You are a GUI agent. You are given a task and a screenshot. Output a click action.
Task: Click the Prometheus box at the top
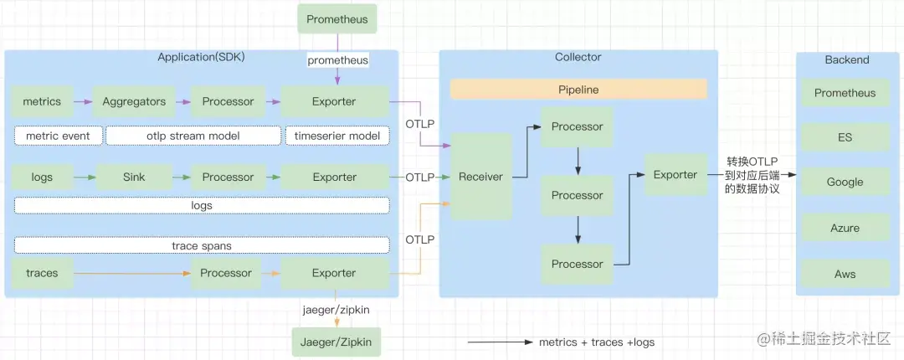click(x=336, y=19)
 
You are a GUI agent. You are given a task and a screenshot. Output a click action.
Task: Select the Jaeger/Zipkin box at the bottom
click(x=335, y=342)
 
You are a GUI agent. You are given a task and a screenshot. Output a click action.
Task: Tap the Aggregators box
click(x=134, y=101)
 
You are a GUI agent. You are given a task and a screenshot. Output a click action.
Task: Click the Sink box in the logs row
click(x=134, y=177)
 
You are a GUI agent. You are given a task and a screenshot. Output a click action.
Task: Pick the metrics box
click(x=42, y=101)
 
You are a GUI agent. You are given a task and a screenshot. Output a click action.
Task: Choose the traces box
click(x=42, y=273)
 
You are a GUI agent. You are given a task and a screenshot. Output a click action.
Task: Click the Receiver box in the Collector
click(x=480, y=177)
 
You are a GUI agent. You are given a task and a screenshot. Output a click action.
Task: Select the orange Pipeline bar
click(x=578, y=90)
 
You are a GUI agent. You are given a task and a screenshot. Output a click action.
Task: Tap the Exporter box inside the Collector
click(x=675, y=175)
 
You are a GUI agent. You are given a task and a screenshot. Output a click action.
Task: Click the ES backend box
click(x=845, y=137)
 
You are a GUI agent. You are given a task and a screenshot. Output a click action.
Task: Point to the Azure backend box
click(x=845, y=228)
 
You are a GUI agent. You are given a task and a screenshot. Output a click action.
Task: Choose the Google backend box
click(x=845, y=182)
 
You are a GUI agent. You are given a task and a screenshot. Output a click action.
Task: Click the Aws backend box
click(x=845, y=274)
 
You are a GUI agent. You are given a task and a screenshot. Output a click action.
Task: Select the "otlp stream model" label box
click(x=193, y=136)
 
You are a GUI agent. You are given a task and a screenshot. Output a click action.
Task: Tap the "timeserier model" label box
click(x=337, y=136)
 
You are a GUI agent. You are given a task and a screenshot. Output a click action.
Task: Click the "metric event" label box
click(x=58, y=136)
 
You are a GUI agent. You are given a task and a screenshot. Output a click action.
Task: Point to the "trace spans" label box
click(x=202, y=245)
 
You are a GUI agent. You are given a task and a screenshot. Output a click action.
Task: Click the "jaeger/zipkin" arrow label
click(x=336, y=310)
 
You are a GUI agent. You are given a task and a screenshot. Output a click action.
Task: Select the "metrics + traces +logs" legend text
click(x=596, y=342)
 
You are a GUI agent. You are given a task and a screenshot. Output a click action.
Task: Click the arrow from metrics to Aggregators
click(x=82, y=101)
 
